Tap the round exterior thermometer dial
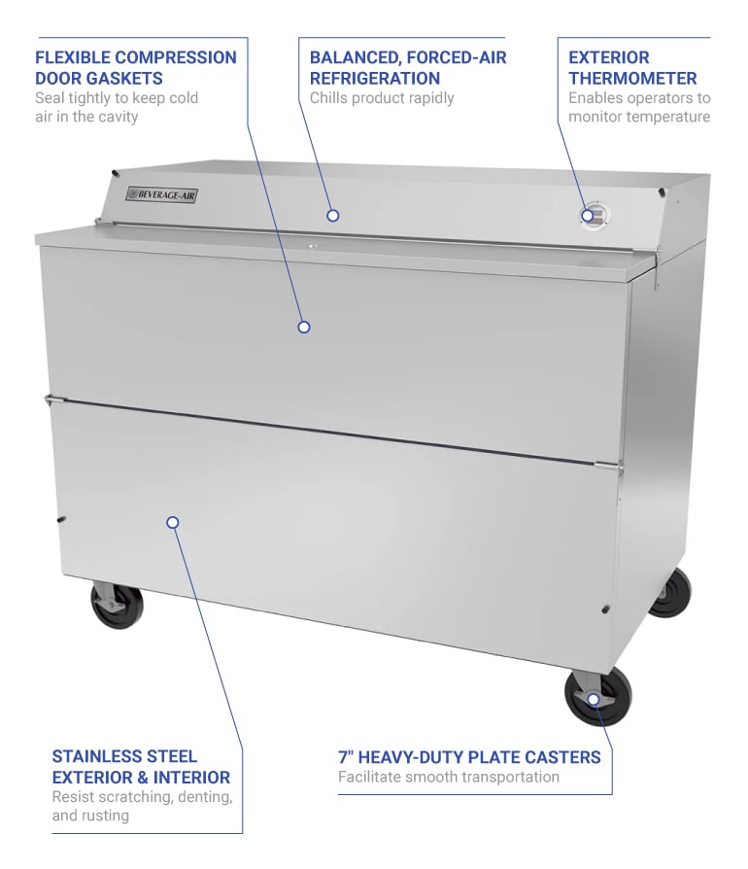pyautogui.click(x=593, y=216)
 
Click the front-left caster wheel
pyautogui.click(x=117, y=604)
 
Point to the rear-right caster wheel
pyautogui.click(x=669, y=591)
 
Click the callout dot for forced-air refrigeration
pyautogui.click(x=332, y=215)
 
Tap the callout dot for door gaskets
pyautogui.click(x=303, y=327)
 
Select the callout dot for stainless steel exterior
pyautogui.click(x=173, y=522)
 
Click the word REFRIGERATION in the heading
pyautogui.click(x=375, y=78)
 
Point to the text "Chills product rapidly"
pyautogui.click(x=382, y=97)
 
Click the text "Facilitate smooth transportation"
pyautogui.click(x=449, y=777)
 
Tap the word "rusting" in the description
pyautogui.click(x=105, y=815)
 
